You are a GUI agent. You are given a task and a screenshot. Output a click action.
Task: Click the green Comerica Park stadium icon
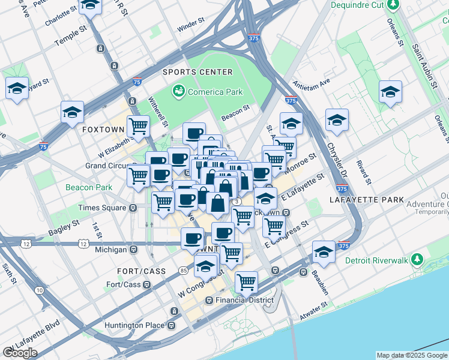178,92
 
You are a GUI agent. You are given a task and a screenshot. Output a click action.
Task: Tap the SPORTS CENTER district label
197,72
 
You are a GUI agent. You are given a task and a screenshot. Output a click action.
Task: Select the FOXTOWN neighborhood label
103,130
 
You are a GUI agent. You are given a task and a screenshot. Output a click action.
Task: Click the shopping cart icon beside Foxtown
139,126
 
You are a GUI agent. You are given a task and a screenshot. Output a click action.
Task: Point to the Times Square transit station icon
132,208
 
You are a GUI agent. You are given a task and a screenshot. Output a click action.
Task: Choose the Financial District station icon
209,300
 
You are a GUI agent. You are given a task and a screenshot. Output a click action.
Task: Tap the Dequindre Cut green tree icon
393,5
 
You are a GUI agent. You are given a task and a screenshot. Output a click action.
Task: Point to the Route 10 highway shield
39,290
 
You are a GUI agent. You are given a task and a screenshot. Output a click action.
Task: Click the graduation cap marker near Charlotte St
91,5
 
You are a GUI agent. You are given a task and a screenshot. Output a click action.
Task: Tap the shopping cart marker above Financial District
246,281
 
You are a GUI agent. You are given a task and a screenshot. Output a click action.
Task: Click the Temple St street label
71,39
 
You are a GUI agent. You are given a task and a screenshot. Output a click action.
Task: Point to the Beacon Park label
89,187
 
